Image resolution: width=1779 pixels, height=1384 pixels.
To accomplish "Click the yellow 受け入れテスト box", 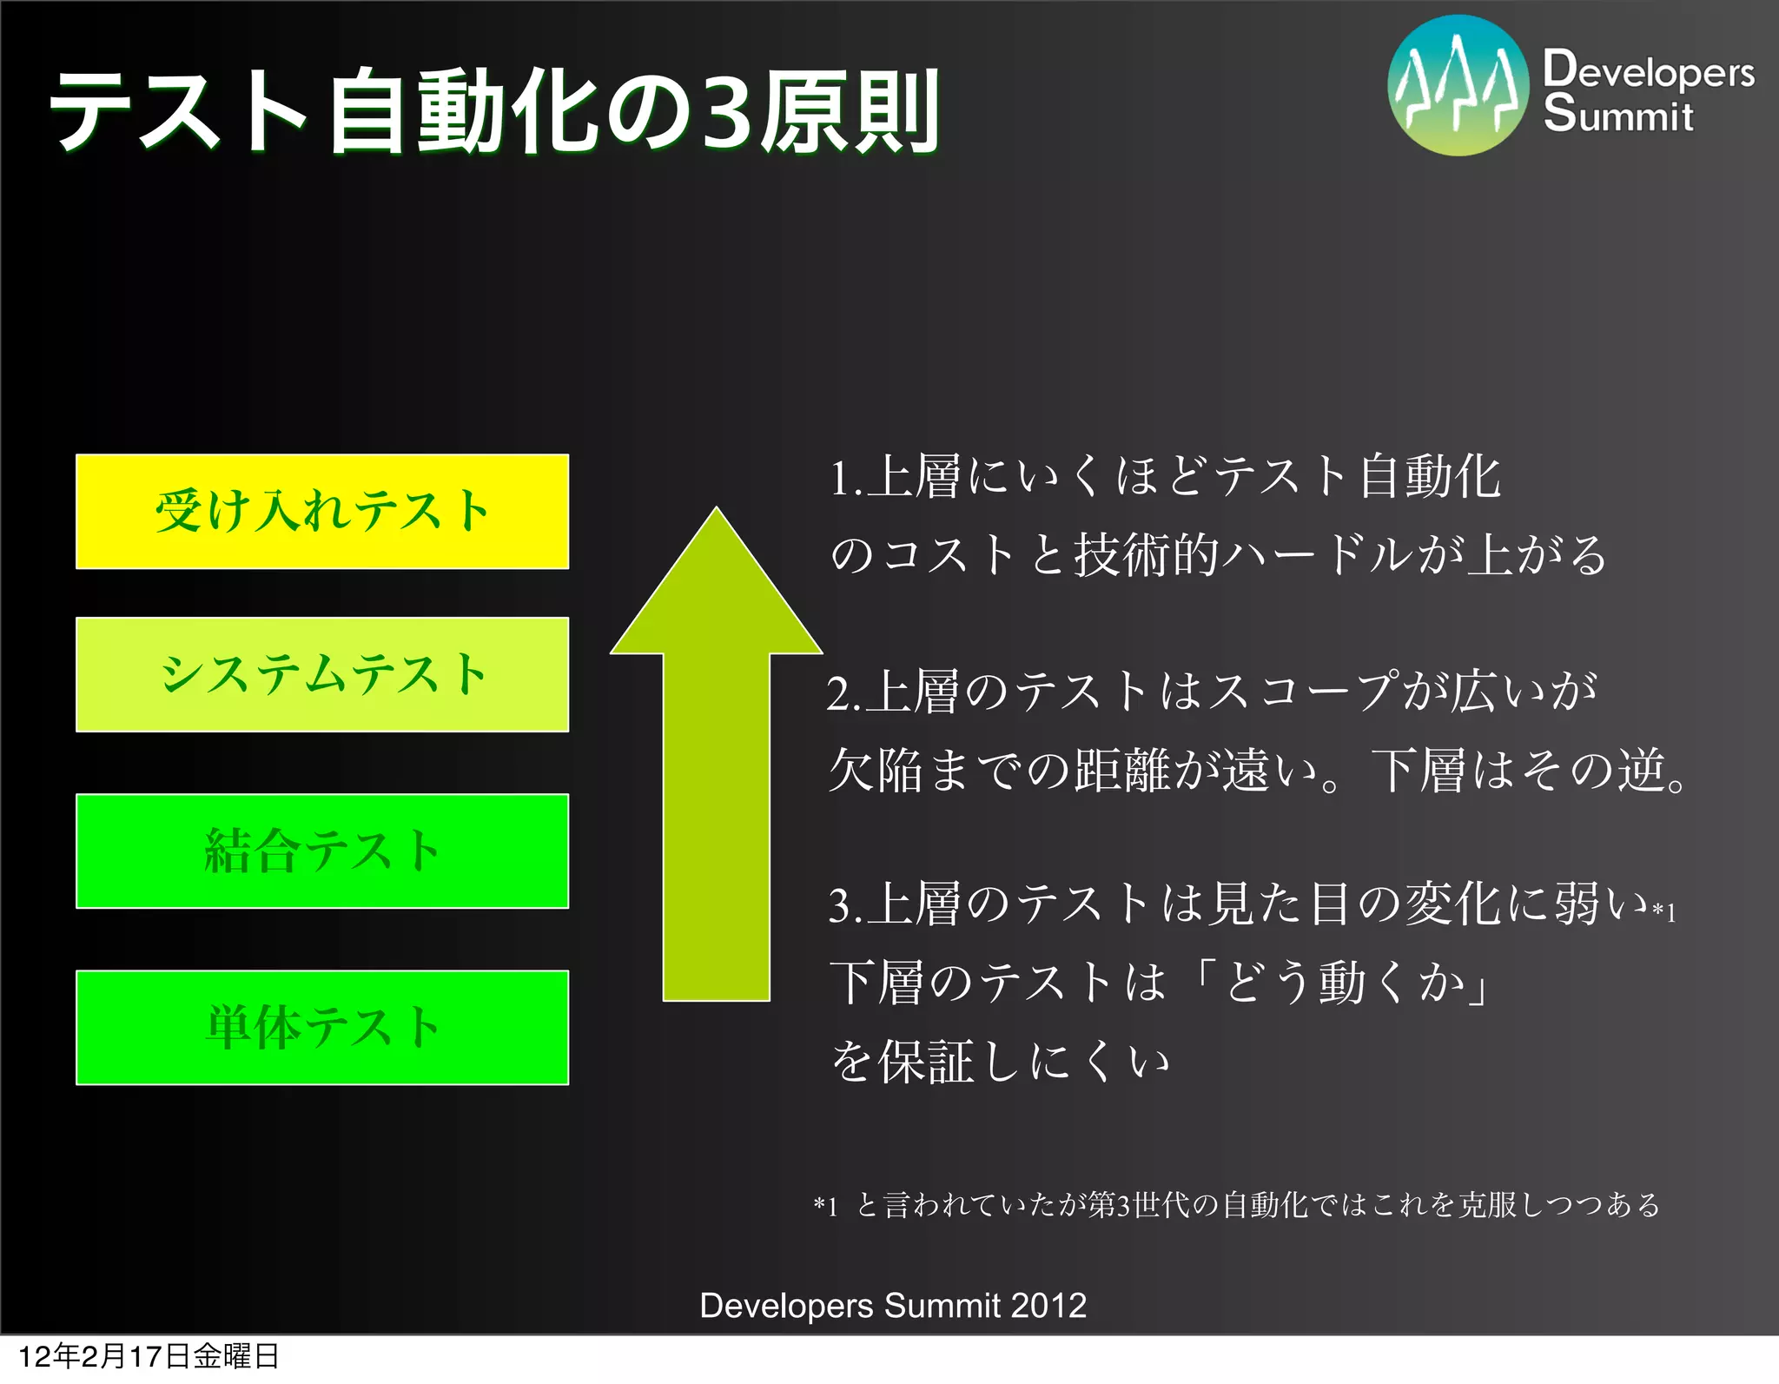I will (x=322, y=511).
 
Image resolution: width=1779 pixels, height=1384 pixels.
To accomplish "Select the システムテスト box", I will (x=322, y=674).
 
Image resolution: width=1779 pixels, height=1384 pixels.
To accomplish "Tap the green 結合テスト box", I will (x=322, y=851).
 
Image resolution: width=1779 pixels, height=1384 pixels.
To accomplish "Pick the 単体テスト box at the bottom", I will (x=322, y=1027).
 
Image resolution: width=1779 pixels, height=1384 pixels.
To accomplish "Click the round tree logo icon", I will (x=1458, y=85).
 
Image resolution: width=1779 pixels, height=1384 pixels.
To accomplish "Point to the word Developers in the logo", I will (x=1648, y=70).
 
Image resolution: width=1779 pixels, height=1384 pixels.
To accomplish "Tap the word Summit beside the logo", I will (x=1617, y=115).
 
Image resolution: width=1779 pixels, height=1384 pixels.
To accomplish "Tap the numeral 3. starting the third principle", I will (x=844, y=906).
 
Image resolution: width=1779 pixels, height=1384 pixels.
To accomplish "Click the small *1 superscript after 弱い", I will (x=1663, y=911).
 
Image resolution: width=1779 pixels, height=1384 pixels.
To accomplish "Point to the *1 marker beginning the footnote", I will (x=825, y=1206).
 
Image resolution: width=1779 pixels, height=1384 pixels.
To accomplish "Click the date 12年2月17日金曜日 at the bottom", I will (x=149, y=1356).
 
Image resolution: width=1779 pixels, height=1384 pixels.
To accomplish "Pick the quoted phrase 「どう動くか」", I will (x=1342, y=983).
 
